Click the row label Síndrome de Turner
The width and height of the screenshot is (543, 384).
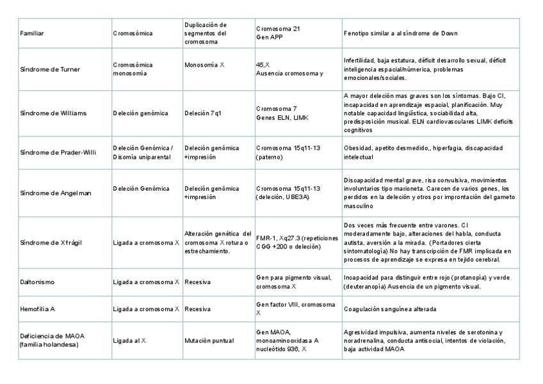click(50, 69)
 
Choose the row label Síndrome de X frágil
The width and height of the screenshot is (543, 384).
click(51, 243)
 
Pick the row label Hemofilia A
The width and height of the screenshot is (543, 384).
click(38, 309)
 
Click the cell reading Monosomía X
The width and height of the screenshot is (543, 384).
click(204, 65)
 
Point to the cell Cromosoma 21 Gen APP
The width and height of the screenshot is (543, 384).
click(278, 33)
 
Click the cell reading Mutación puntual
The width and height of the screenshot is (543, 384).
click(209, 340)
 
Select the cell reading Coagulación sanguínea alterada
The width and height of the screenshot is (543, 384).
click(390, 309)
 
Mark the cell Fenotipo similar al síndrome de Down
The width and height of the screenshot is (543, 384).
click(400, 33)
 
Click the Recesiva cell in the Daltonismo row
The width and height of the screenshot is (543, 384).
click(198, 282)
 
